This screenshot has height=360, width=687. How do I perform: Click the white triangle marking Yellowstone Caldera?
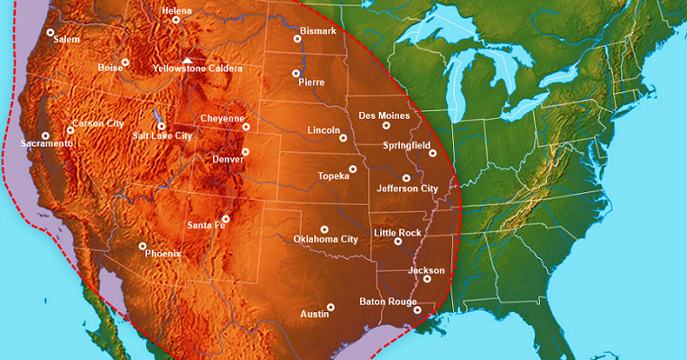[x=188, y=60]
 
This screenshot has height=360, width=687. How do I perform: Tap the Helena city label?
[x=176, y=11]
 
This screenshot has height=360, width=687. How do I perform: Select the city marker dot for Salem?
[x=51, y=32]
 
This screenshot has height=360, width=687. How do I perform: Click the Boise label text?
[x=110, y=67]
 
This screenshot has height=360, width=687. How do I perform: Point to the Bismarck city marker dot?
[x=297, y=39]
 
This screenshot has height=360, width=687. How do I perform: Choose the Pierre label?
[x=311, y=82]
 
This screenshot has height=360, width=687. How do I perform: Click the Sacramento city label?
[x=47, y=143]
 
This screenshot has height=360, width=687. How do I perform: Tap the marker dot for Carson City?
[x=70, y=130]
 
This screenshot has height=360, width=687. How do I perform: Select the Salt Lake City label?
[x=162, y=135]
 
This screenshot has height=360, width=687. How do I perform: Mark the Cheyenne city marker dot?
[x=246, y=127]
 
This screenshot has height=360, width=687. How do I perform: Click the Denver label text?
[x=227, y=159]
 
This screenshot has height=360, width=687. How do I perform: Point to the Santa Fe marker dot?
[x=226, y=218]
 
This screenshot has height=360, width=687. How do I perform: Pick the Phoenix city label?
[x=163, y=254]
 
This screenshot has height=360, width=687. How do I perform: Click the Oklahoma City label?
[x=326, y=239]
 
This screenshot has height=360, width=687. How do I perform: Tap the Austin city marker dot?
[x=331, y=307]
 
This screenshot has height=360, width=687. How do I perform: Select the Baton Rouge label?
[x=387, y=300]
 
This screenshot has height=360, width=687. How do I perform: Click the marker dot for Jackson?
[x=427, y=279]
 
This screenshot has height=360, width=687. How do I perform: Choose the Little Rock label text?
[x=397, y=233]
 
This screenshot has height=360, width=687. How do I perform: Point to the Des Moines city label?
[x=384, y=115]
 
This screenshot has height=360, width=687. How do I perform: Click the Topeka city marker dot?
[x=353, y=169]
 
